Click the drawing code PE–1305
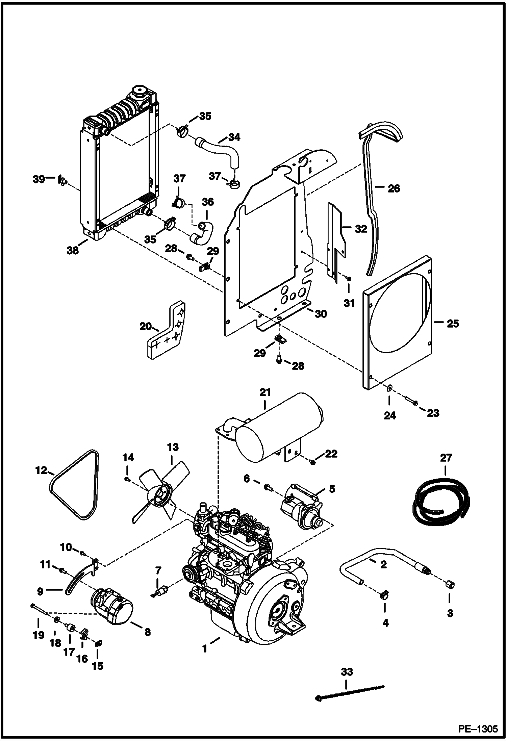(x=478, y=728)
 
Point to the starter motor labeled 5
(x=302, y=510)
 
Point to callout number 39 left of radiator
(x=39, y=179)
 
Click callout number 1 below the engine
(x=205, y=649)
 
